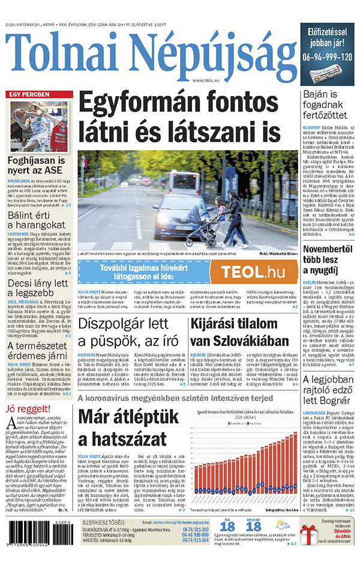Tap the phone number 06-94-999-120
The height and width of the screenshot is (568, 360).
[327, 58]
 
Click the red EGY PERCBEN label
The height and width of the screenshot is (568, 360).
[28, 95]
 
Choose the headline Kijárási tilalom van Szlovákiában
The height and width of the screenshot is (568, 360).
[242, 332]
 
